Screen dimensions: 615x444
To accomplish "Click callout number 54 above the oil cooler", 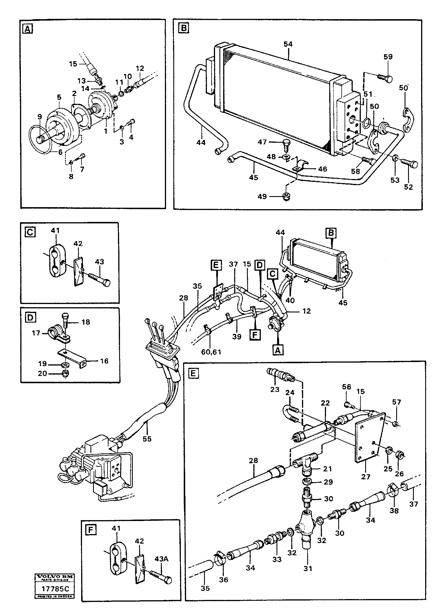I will point(288,44).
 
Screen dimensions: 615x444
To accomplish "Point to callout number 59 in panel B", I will point(388,57).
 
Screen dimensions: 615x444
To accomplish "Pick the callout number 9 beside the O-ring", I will point(39,117).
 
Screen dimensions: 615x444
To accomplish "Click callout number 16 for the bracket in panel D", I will point(104,361).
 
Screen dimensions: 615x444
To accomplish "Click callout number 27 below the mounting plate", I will point(366,477).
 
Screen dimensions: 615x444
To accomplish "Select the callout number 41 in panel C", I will point(55,231).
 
